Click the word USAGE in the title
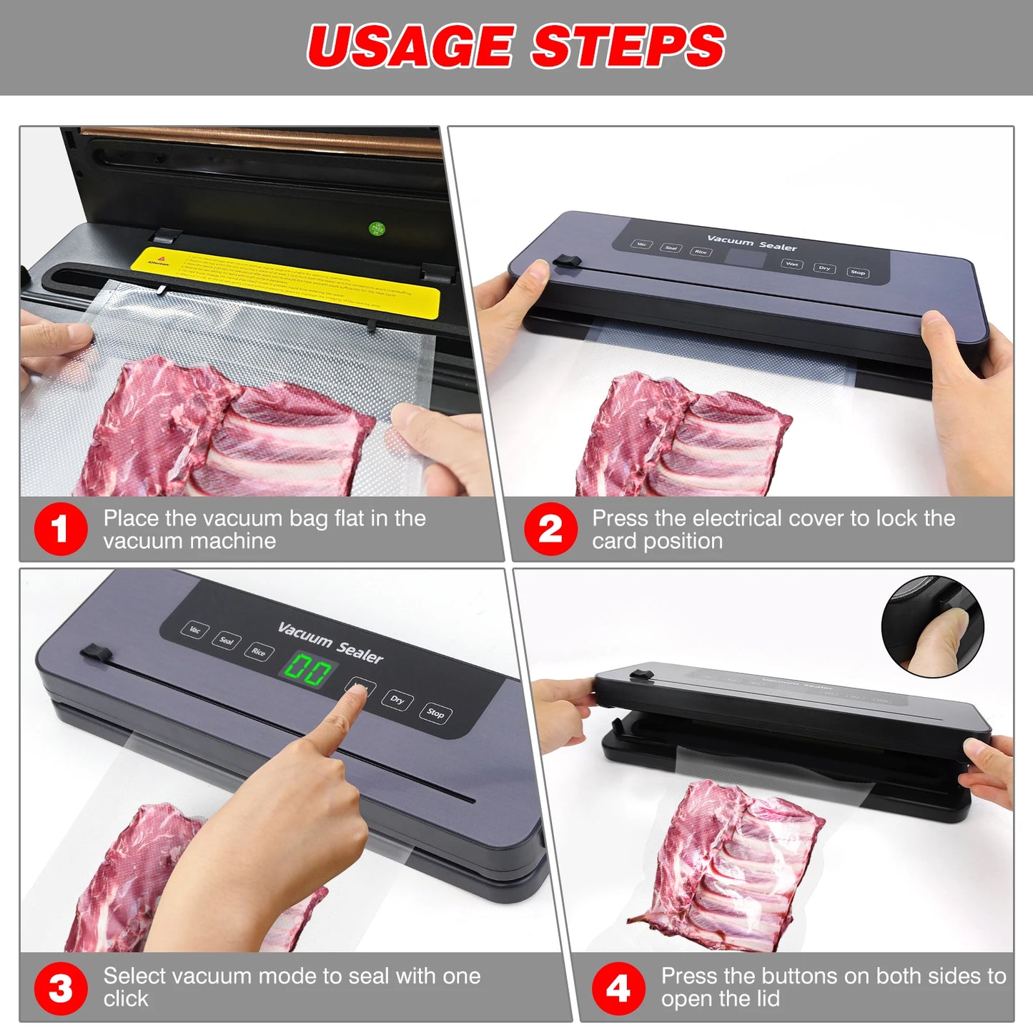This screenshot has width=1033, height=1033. coord(410,46)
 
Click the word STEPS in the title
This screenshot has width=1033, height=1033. coord(628,46)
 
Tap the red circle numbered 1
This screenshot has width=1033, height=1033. coord(61,529)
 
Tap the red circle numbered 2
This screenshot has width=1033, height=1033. coord(550,529)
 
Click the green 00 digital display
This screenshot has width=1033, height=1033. coord(308,671)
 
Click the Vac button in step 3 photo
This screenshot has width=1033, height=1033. coord(194,630)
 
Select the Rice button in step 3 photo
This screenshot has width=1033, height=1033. coord(258,651)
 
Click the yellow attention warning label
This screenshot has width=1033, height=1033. coord(286,283)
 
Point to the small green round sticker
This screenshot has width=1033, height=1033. coord(377,229)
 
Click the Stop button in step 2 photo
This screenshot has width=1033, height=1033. coord(857,272)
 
